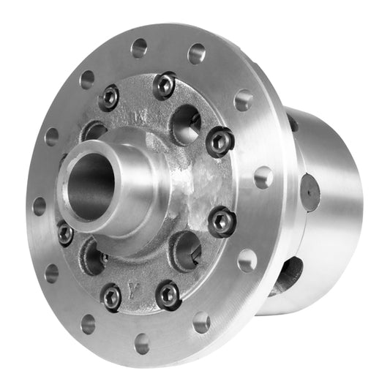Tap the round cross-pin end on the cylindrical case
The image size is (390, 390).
pyautogui.click(x=310, y=192)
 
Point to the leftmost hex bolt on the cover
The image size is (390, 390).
pyautogui.click(x=65, y=233)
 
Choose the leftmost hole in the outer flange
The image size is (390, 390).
pyautogui.click(x=39, y=206)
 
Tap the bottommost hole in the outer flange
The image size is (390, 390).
pyautogui.click(x=142, y=343)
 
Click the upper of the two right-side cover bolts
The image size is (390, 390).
pyautogui.click(x=220, y=140)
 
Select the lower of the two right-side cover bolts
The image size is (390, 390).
pyautogui.click(x=221, y=221)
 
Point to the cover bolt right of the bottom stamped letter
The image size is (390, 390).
pyautogui.click(x=168, y=294)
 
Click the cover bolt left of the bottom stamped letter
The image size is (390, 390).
pyautogui.click(x=111, y=296)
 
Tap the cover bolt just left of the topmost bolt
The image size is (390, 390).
pyautogui.click(x=110, y=97)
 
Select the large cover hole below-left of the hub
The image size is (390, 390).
pyautogui.click(x=94, y=255)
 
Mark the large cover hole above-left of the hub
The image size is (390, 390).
pyautogui.click(x=94, y=132)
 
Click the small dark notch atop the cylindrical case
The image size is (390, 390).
pyautogui.click(x=293, y=122)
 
